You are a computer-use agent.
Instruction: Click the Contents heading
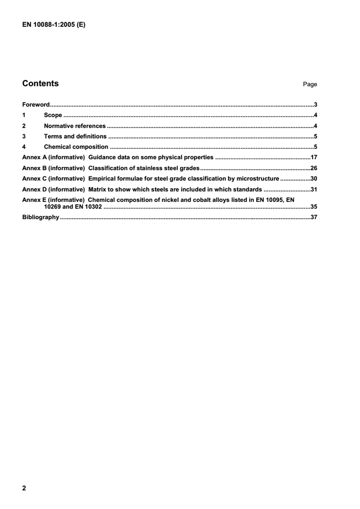[x=40, y=83]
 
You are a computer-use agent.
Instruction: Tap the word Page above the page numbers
[x=310, y=84]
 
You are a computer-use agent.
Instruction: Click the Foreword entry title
[x=36, y=104]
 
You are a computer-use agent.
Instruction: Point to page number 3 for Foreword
[x=315, y=104]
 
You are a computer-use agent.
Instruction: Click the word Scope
[x=53, y=115]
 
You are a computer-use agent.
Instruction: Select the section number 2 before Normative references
[x=24, y=126]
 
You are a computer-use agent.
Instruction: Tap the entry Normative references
[x=74, y=126]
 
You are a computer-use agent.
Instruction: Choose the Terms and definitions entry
[x=75, y=136]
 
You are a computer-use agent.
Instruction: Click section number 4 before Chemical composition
[x=24, y=147]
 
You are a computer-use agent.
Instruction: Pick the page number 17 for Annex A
[x=313, y=157]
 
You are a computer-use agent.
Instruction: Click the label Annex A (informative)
[x=54, y=157]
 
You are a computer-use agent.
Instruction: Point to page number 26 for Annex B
[x=313, y=168]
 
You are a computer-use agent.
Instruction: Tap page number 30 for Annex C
[x=313, y=178]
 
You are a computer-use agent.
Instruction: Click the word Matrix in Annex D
[x=98, y=189]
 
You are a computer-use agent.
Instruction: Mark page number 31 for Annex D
[x=313, y=189]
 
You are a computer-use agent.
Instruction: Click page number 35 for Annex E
[x=313, y=207]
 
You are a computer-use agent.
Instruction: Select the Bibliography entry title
[x=40, y=217]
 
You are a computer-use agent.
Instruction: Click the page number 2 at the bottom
[x=24, y=488]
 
